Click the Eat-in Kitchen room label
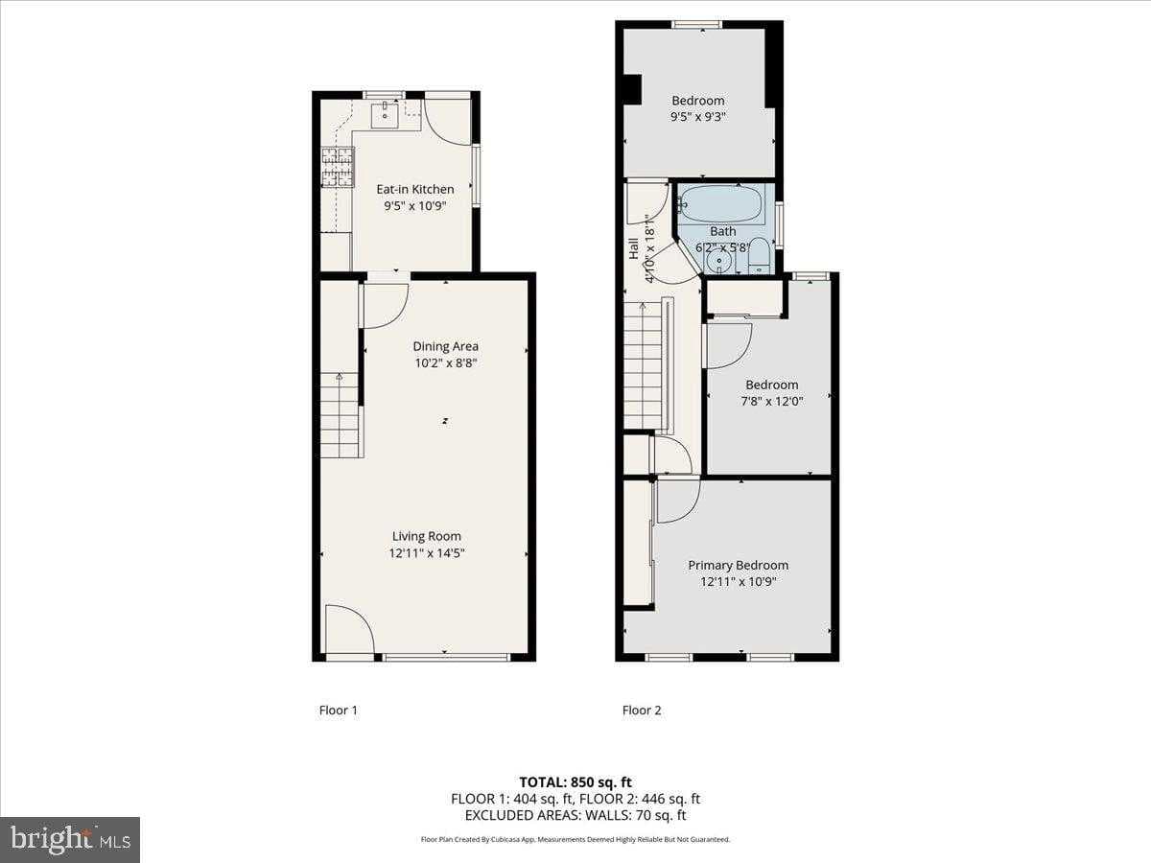coord(414,189)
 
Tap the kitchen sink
coord(385,117)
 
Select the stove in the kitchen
coord(337,166)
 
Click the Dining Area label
coord(445,346)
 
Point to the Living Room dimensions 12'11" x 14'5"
coord(426,553)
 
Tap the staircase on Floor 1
coord(340,414)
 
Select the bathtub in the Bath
coord(720,203)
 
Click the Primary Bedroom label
coord(738,565)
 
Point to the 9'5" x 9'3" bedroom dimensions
coord(697,117)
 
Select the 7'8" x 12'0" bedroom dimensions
coord(772,401)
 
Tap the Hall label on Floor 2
coord(633,248)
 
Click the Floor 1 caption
coord(338,711)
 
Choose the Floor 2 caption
coord(642,711)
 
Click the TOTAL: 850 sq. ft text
coord(575,781)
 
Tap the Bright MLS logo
coord(70,840)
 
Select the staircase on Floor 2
coord(644,365)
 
